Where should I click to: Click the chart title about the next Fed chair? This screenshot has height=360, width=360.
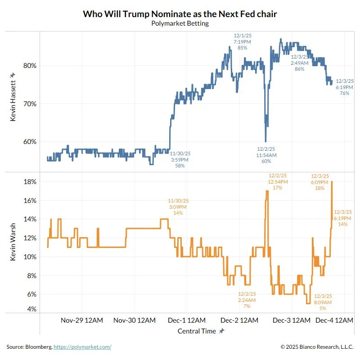180,14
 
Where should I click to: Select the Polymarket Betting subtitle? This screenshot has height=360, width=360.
180,23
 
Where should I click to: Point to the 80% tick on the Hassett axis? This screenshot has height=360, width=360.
30,65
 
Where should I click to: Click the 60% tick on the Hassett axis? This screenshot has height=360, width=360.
30,141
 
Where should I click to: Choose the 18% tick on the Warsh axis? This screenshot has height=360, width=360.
30,182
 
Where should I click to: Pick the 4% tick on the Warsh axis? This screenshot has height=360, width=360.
31,309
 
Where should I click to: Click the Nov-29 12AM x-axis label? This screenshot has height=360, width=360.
81,320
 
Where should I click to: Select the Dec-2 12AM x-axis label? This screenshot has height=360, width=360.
240,320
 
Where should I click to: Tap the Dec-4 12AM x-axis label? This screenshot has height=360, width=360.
333,320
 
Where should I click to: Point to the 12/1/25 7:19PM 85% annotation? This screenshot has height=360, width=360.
242,41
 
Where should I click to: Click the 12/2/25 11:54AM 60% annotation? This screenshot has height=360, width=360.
266,155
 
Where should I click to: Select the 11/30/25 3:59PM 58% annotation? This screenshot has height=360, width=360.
180,159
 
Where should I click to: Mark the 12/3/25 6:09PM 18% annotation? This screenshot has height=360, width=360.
320,182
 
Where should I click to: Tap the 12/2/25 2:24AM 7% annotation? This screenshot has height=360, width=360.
247,300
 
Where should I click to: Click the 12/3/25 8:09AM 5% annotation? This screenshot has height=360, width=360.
323,302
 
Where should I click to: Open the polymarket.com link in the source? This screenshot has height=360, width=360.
82,347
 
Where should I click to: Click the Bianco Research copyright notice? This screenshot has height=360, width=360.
317,347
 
